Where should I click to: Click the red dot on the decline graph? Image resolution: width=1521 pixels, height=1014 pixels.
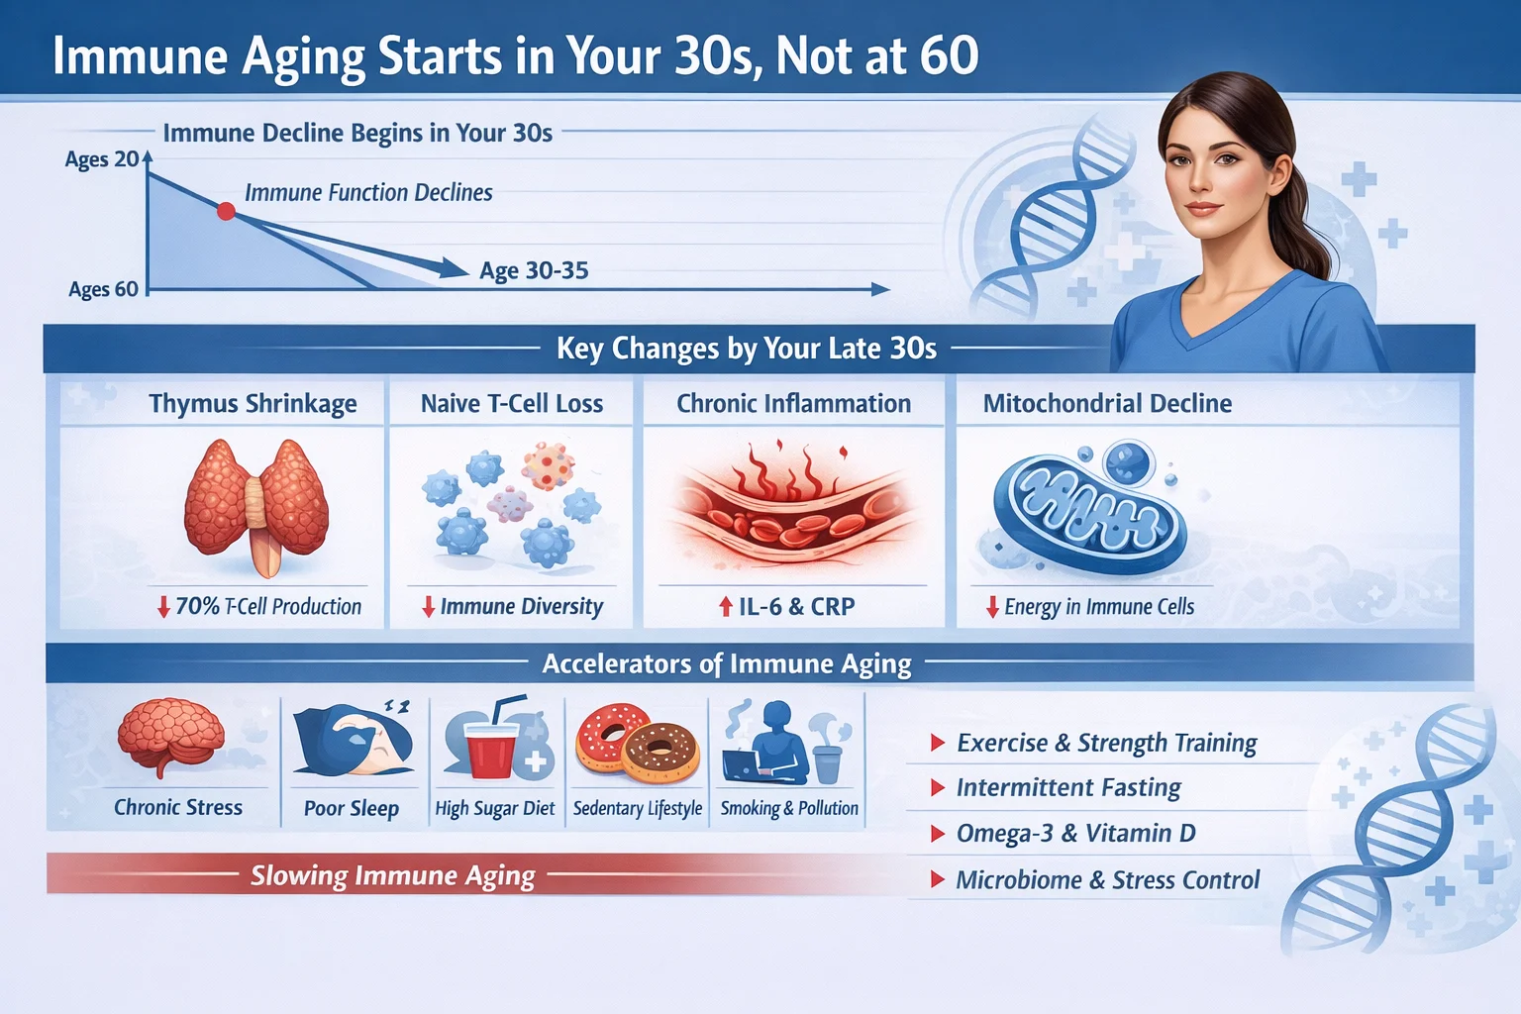click(x=226, y=211)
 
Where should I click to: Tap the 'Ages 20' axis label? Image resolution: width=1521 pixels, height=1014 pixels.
click(x=102, y=159)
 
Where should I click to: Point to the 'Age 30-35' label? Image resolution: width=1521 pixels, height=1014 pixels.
click(x=534, y=271)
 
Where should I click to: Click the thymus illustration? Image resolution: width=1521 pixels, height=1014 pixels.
click(x=256, y=505)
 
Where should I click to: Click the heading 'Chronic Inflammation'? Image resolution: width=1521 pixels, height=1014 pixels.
click(x=793, y=404)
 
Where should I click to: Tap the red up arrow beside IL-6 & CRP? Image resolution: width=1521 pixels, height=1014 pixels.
click(x=726, y=607)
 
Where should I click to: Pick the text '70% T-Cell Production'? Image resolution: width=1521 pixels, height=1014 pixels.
click(x=268, y=607)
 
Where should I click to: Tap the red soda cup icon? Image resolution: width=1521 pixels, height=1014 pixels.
click(x=491, y=751)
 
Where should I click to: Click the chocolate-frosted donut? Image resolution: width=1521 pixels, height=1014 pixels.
click(x=661, y=753)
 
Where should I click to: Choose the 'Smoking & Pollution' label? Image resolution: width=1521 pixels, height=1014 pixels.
click(x=789, y=808)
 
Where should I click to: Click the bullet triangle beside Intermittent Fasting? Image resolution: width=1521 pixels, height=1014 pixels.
click(x=937, y=788)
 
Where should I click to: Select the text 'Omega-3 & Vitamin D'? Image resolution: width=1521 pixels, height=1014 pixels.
click(x=1075, y=834)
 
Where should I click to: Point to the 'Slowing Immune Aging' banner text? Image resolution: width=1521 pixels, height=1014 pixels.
click(x=392, y=875)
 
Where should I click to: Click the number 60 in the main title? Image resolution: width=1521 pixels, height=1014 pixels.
click(x=949, y=56)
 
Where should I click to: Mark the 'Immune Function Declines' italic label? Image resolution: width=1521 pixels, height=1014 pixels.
click(x=368, y=193)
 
